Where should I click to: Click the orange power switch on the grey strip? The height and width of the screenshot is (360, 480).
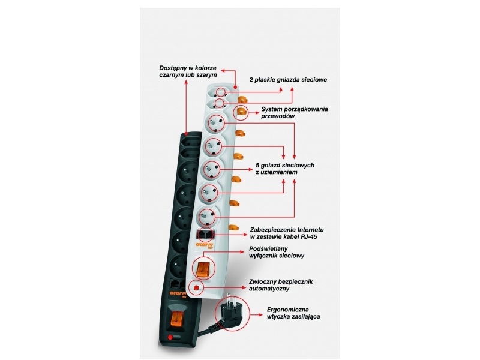[x=202, y=268]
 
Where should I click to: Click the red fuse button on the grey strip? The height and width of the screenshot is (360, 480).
[x=196, y=287]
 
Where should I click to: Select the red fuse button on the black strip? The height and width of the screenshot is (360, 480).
[x=170, y=337]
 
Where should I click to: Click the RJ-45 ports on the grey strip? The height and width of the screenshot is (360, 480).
[x=205, y=235]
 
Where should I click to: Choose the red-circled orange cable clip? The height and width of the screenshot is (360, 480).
[x=241, y=113]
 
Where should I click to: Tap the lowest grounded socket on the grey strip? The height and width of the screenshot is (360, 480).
[x=208, y=217]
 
